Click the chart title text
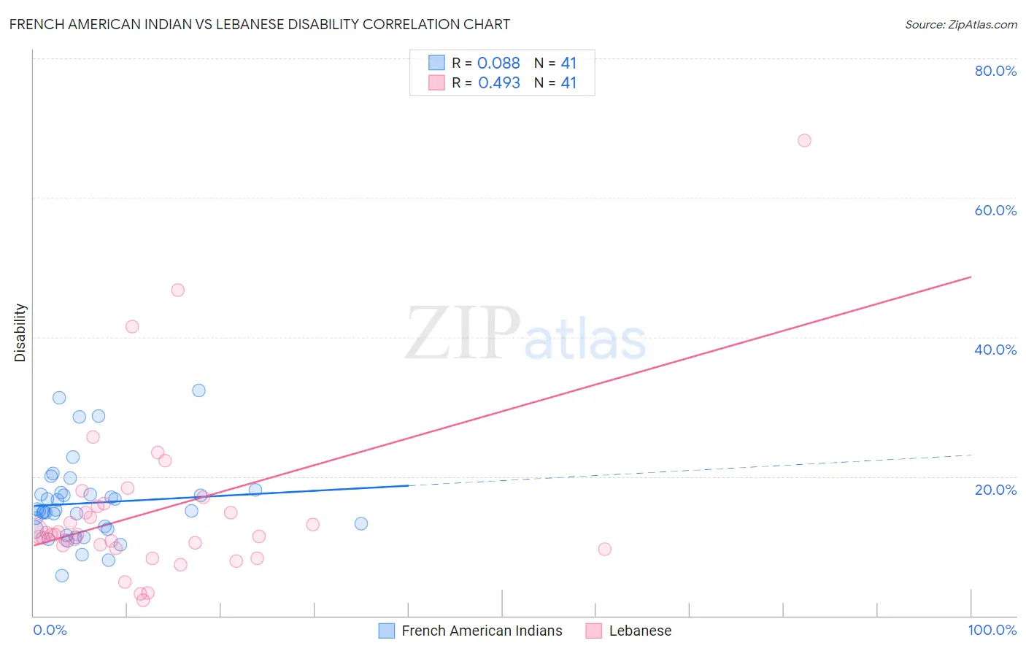pyautogui.click(x=260, y=24)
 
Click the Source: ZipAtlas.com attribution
pyautogui.click(x=960, y=24)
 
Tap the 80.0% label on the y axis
pyautogui.click(x=995, y=71)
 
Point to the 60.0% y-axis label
pyautogui.click(x=995, y=210)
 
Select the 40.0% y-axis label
pyautogui.click(x=995, y=350)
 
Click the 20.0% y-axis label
pyautogui.click(x=995, y=490)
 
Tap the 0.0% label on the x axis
pyautogui.click(x=50, y=630)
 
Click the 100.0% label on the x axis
pyautogui.click(x=992, y=630)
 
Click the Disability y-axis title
pyautogui.click(x=20, y=333)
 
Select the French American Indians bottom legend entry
pyautogui.click(x=482, y=631)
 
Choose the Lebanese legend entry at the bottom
pyautogui.click(x=640, y=631)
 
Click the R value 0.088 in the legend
pyautogui.click(x=498, y=63)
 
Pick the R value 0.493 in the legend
pyautogui.click(x=499, y=83)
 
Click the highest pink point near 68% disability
pyautogui.click(x=804, y=140)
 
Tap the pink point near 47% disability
pyautogui.click(x=177, y=290)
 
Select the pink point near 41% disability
pyautogui.click(x=132, y=326)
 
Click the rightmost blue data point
pyautogui.click(x=360, y=523)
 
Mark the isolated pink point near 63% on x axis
pyautogui.click(x=604, y=549)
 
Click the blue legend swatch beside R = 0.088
pyautogui.click(x=436, y=63)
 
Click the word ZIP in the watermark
pyautogui.click(x=462, y=333)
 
